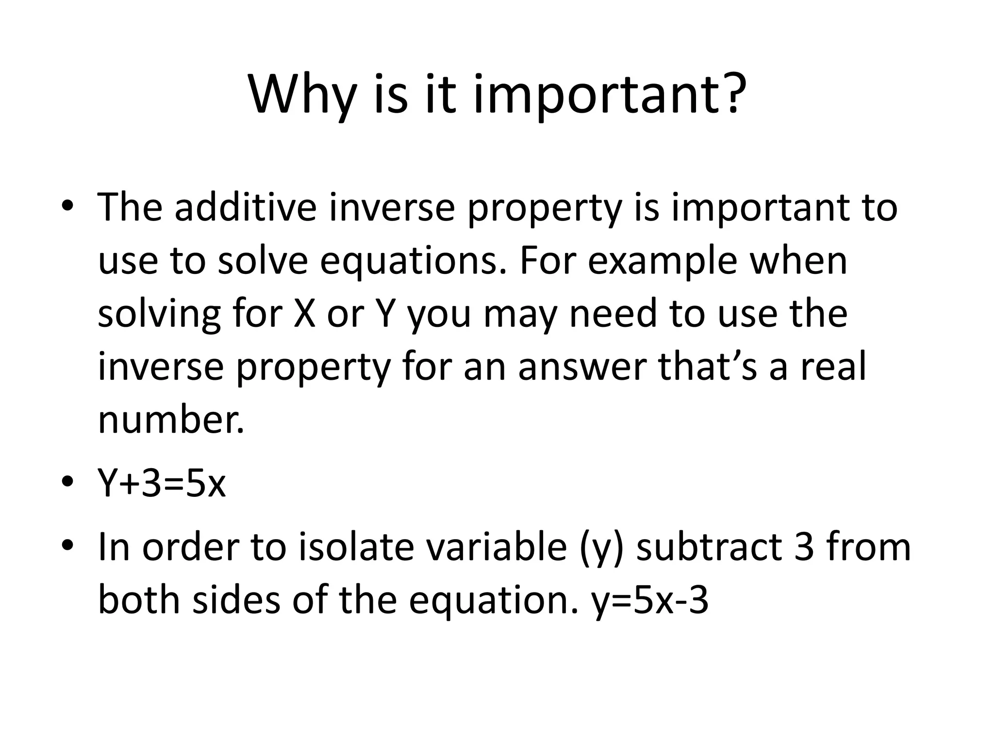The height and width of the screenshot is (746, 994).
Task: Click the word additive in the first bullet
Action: tap(246, 207)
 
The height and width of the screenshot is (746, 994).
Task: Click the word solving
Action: tap(160, 314)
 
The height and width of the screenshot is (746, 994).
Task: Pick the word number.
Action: tap(171, 419)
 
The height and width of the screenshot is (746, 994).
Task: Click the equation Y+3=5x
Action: tap(162, 484)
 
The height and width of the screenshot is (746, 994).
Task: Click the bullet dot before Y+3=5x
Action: tap(67, 482)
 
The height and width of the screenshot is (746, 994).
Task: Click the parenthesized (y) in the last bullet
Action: tap(601, 548)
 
